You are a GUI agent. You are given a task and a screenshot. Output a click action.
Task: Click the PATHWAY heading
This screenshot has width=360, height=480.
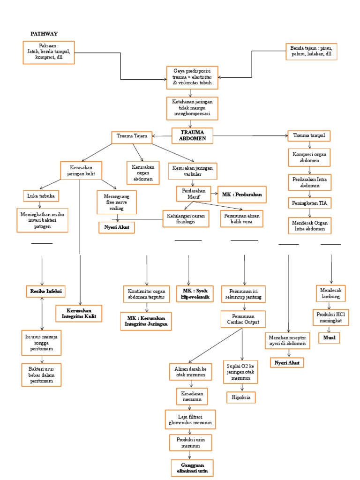coord(44,34)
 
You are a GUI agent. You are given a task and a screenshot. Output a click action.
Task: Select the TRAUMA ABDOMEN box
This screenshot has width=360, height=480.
coord(193,135)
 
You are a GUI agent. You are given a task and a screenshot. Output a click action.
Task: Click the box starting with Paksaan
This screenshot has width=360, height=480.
coord(49,52)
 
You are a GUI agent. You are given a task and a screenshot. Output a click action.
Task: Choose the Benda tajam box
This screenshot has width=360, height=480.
coord(311,51)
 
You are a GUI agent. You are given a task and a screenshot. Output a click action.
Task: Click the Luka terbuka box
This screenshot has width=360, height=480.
coord(40,195)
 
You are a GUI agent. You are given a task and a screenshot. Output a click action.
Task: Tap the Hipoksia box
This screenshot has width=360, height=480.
coord(241,397)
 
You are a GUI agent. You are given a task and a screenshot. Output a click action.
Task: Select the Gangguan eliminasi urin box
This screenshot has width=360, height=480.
coord(191,468)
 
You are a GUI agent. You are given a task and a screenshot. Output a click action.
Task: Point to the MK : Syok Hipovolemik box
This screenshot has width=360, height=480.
coord(194,294)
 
